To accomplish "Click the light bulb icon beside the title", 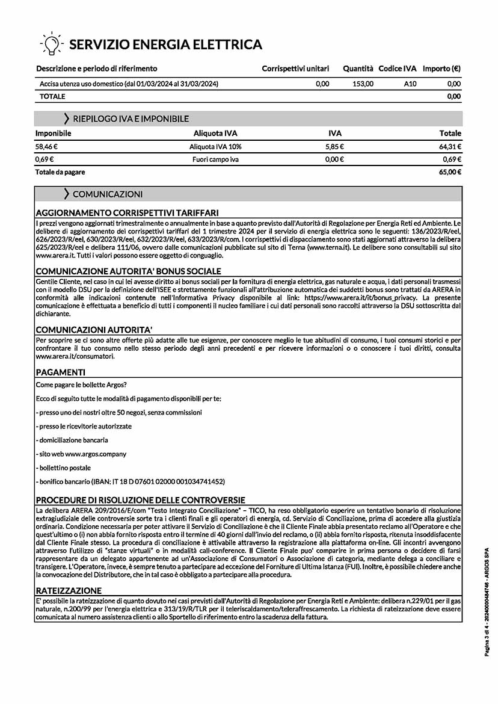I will click(51, 43).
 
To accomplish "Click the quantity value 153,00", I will click(363, 84).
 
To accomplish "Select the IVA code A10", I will click(410, 84).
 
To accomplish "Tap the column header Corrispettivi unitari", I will click(295, 69).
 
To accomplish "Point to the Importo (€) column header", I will click(441, 69).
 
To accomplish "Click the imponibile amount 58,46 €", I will click(46, 146).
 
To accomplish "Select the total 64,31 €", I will click(450, 146).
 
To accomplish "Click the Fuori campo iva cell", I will click(215, 159).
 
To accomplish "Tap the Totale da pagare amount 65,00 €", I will click(450, 172).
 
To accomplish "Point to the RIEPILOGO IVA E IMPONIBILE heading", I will click(131, 119).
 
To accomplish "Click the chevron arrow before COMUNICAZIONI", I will click(66, 194).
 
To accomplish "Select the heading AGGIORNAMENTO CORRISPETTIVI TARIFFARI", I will click(127, 212).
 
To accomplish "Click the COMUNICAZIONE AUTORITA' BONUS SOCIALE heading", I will click(128, 271).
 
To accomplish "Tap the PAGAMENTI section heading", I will click(61, 372).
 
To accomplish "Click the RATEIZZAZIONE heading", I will click(69, 590).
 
